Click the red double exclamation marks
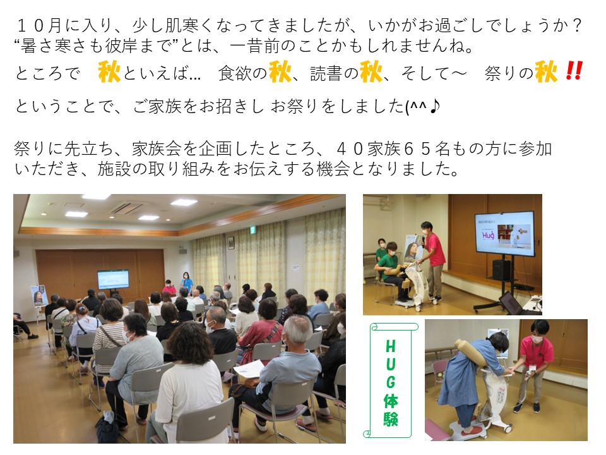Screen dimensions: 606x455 click(x=574, y=71)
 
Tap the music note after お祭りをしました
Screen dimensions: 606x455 click(x=434, y=106)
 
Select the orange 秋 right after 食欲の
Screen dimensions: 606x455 click(x=280, y=71)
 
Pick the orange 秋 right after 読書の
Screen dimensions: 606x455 click(x=371, y=71)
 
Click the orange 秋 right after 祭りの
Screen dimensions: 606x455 click(x=546, y=71)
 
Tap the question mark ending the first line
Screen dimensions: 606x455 click(x=576, y=25)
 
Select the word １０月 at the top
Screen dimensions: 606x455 click(x=39, y=25)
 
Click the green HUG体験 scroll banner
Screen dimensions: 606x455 click(x=390, y=380)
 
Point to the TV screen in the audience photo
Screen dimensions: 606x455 click(x=113, y=279)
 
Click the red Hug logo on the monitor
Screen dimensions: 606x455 click(x=488, y=235)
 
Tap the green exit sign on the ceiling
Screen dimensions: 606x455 click(x=252, y=230)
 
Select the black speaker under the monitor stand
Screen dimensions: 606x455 click(x=501, y=269)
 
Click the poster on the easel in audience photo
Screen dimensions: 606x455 click(x=39, y=296)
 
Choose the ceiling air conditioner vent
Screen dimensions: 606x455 click(x=126, y=209)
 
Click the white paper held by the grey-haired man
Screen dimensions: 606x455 click(x=249, y=368)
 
